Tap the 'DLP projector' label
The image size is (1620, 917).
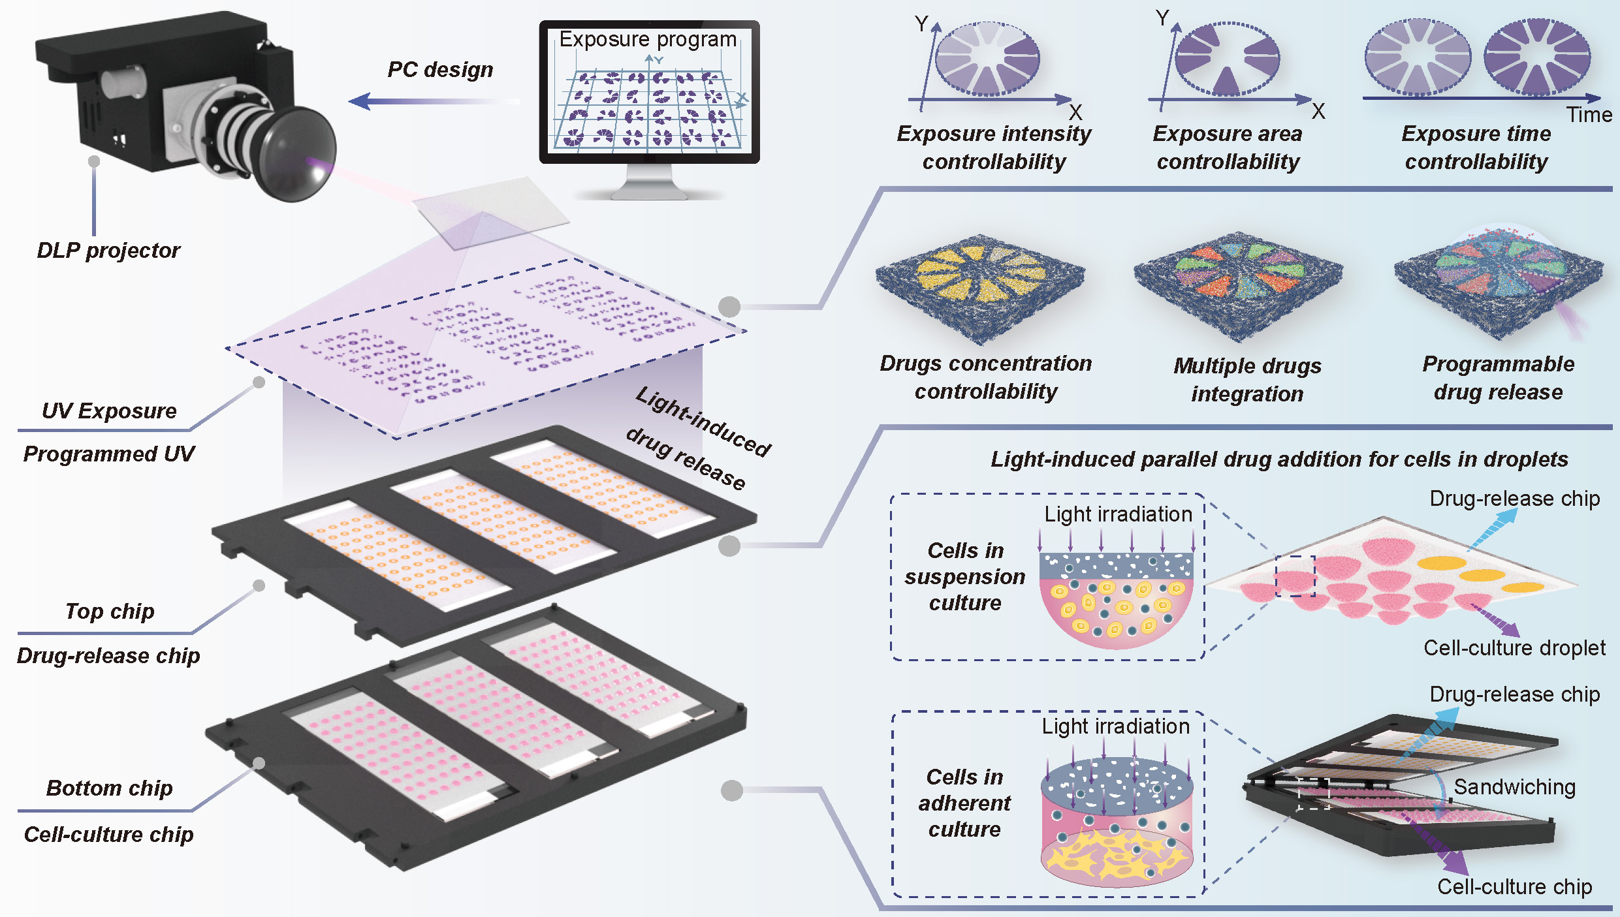(108, 251)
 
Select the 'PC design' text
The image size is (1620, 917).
(440, 69)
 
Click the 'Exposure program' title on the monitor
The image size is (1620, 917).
(648, 39)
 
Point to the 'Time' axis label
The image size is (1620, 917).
(1589, 115)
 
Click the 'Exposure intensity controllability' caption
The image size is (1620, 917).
(994, 148)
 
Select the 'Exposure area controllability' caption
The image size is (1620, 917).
(1228, 148)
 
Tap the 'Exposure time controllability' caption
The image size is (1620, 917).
(1476, 148)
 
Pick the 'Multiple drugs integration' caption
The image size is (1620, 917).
(1247, 380)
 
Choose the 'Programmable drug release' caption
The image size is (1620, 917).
(1498, 378)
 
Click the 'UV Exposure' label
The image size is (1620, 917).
(109, 411)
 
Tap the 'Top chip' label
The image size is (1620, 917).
(110, 612)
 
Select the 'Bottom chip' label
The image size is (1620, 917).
(109, 788)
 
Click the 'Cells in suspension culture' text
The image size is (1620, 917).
(964, 577)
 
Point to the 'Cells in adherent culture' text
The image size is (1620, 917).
(964, 803)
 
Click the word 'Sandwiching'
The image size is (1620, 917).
(1514, 787)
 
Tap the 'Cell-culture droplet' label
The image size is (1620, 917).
(1514, 648)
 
